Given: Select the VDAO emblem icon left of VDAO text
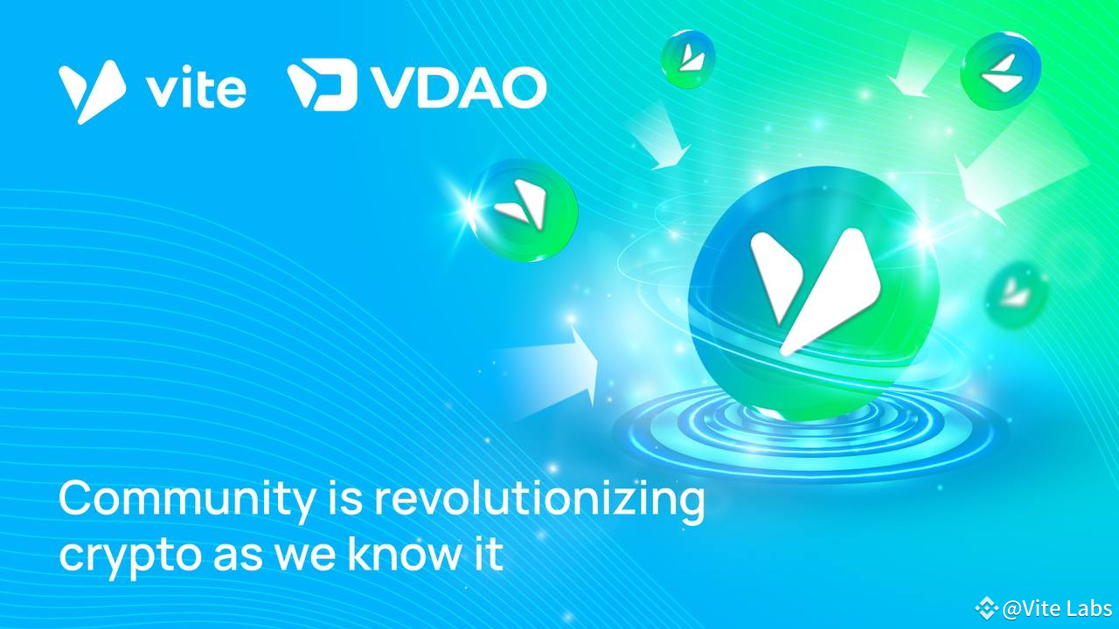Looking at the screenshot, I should (321, 85).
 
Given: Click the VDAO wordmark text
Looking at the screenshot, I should (458, 86).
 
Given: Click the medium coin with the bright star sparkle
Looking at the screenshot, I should (523, 209).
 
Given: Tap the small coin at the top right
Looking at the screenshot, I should (1001, 71).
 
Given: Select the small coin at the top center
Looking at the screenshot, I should (688, 58).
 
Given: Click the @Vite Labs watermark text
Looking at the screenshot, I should (1057, 609).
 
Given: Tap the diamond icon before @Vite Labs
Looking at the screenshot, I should (987, 608).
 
